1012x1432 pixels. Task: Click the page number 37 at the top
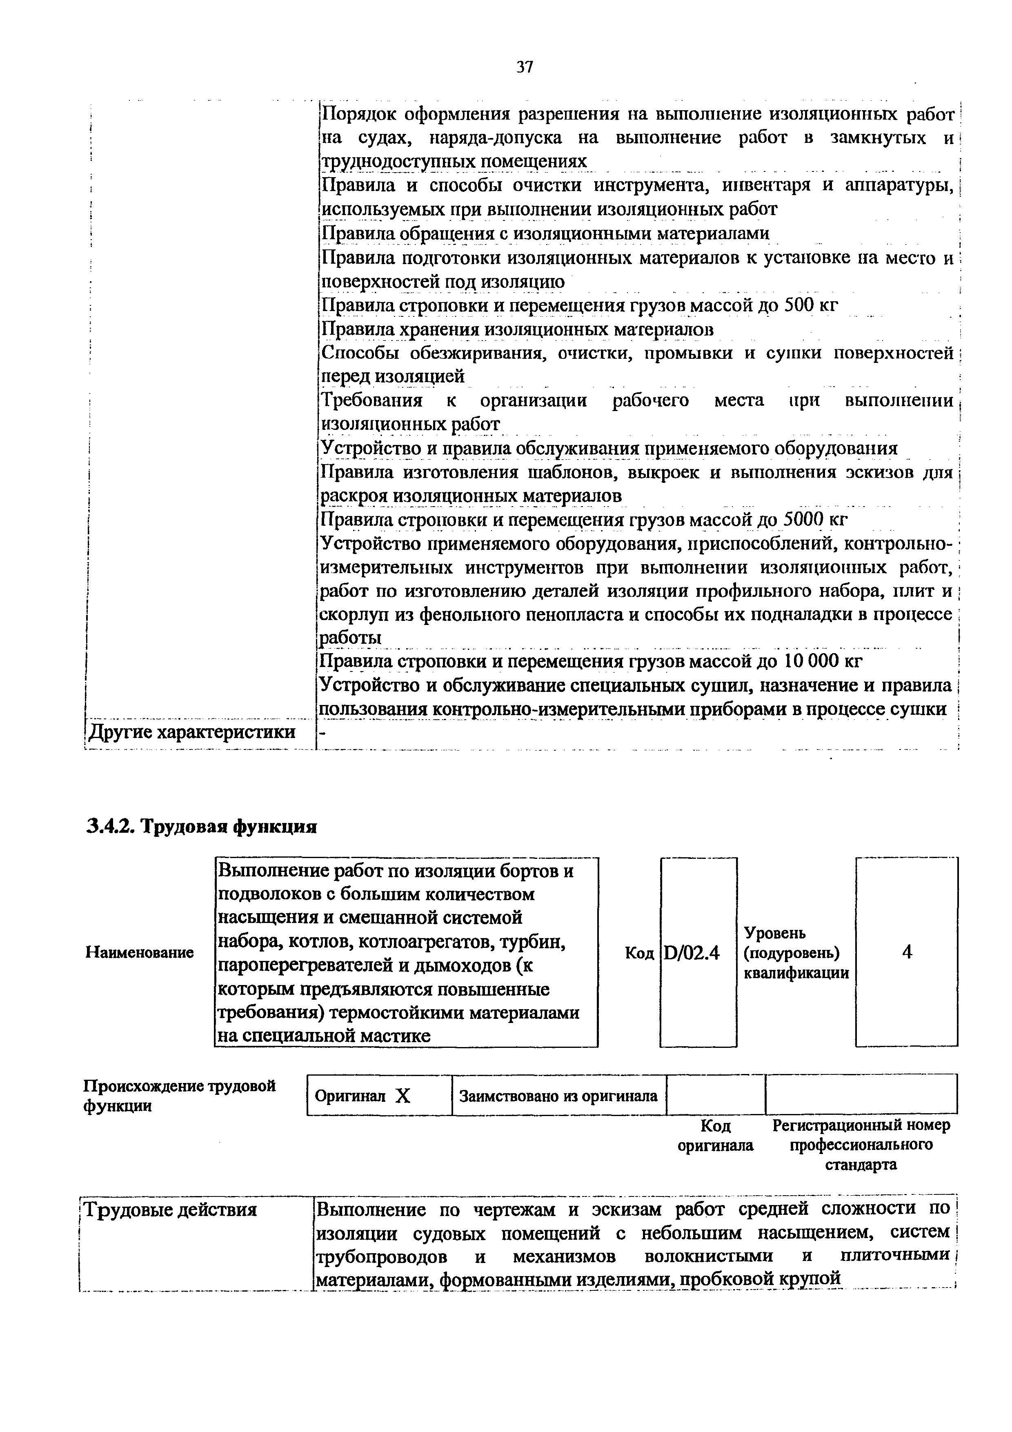[525, 67]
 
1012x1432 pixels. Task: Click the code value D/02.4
[692, 952]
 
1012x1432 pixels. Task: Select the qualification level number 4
[907, 952]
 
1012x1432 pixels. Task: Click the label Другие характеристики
[192, 732]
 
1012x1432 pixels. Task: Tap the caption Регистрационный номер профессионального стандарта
[861, 1145]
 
